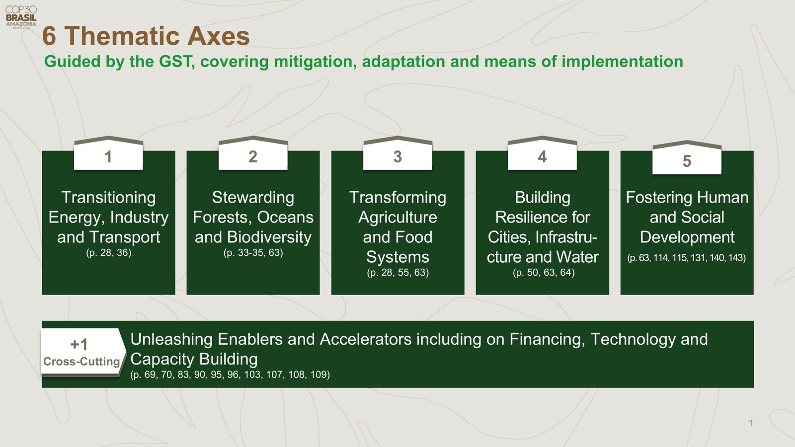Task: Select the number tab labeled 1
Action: click(x=108, y=156)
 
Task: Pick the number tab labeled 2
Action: click(x=253, y=156)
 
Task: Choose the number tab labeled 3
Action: click(x=397, y=156)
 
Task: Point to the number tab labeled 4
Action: click(x=542, y=156)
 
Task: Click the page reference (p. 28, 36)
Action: click(x=108, y=253)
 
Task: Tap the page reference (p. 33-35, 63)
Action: click(x=253, y=253)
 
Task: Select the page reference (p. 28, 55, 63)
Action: click(x=397, y=273)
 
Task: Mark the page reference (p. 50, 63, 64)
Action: click(x=544, y=273)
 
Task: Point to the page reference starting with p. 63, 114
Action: click(x=686, y=258)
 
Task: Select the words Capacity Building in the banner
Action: click(x=194, y=359)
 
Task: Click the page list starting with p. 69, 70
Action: click(x=230, y=374)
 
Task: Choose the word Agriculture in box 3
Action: click(x=397, y=217)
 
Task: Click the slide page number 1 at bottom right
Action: click(x=750, y=423)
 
